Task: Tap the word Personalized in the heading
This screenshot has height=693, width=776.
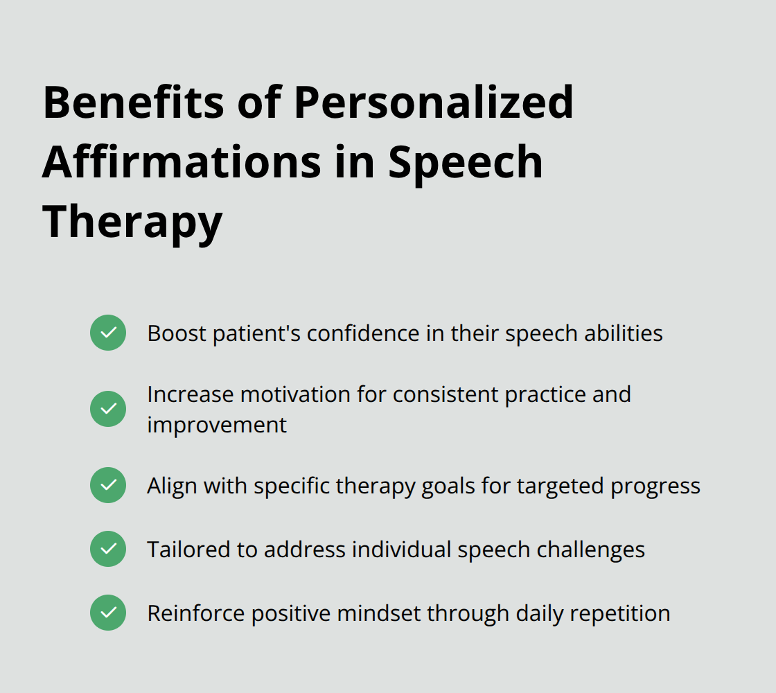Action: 434,103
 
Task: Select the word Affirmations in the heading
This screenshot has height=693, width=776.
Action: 182,162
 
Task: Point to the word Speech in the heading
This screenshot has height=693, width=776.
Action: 466,162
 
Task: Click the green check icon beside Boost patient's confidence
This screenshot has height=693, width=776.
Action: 108,333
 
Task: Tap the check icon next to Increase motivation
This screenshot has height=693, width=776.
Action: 108,409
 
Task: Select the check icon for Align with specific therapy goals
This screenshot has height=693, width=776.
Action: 108,485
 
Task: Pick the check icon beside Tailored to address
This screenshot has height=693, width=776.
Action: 108,549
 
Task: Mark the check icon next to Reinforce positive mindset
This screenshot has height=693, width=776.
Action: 108,613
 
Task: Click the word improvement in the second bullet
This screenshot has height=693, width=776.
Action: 217,425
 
